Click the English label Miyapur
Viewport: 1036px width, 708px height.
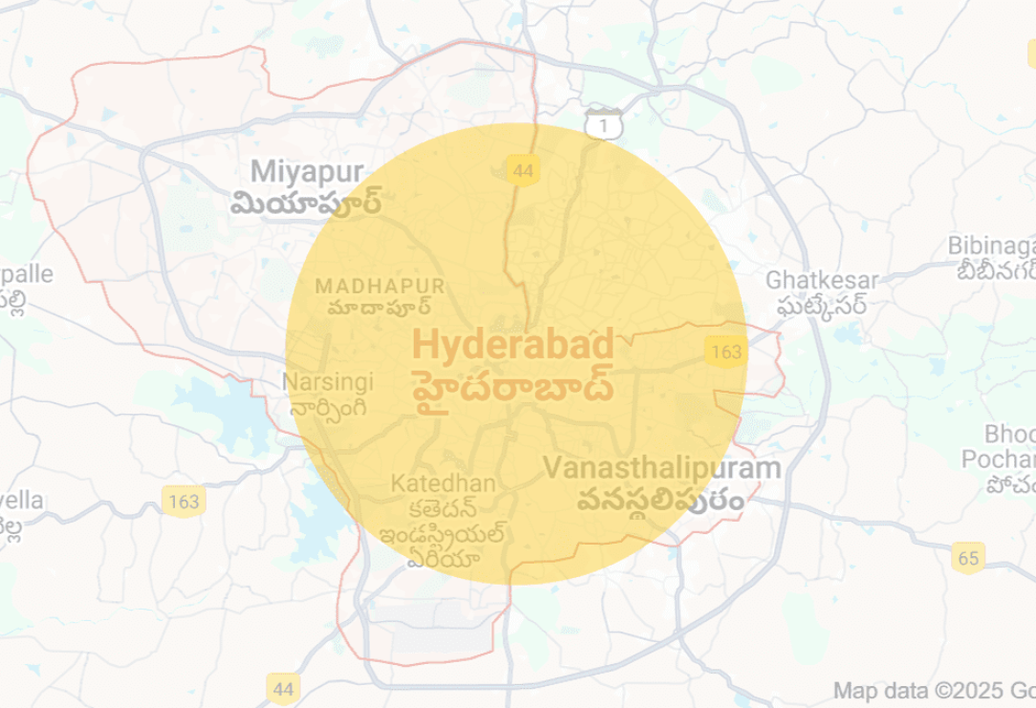pyautogui.click(x=307, y=172)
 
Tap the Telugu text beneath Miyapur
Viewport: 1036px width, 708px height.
pyautogui.click(x=307, y=203)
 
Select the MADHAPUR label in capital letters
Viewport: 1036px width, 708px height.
pyautogui.click(x=379, y=286)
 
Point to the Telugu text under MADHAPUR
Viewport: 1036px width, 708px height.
pyautogui.click(x=379, y=308)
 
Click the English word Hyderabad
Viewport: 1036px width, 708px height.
pyautogui.click(x=512, y=343)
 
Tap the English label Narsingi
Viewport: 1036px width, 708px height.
pyautogui.click(x=328, y=382)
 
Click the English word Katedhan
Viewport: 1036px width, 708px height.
pyautogui.click(x=442, y=483)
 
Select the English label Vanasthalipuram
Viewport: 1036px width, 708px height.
pyautogui.click(x=662, y=468)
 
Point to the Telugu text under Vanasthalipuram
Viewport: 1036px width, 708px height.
pyautogui.click(x=661, y=500)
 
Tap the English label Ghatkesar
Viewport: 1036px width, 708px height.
pyautogui.click(x=820, y=280)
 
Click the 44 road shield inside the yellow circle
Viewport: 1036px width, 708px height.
pyautogui.click(x=523, y=171)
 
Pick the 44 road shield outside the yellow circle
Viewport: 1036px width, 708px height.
pyautogui.click(x=283, y=687)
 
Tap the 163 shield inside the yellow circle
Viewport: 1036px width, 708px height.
pyautogui.click(x=726, y=352)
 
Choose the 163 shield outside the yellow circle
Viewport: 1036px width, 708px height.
pyautogui.click(x=182, y=501)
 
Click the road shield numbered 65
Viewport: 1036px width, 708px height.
pyautogui.click(x=968, y=558)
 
